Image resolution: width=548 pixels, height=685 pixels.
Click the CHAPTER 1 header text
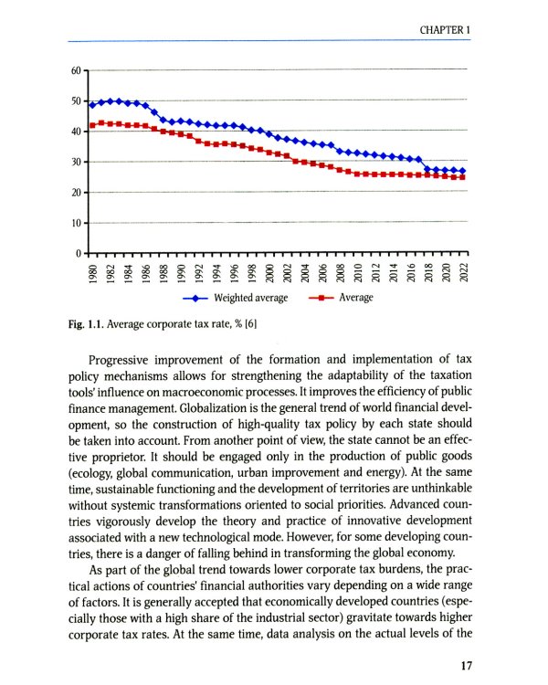click(445, 30)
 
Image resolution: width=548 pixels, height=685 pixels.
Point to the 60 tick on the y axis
click(75, 70)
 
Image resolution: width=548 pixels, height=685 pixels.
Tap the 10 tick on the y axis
click(75, 223)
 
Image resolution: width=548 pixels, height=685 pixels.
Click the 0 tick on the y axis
click(78, 253)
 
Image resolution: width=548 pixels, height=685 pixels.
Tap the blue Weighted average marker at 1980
click(92, 105)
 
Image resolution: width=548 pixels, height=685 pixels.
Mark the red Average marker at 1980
click(92, 125)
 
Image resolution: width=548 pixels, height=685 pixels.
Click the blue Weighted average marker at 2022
click(463, 171)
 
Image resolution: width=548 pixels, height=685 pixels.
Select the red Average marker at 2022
click(463, 177)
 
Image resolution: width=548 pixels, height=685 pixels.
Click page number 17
click(465, 666)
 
